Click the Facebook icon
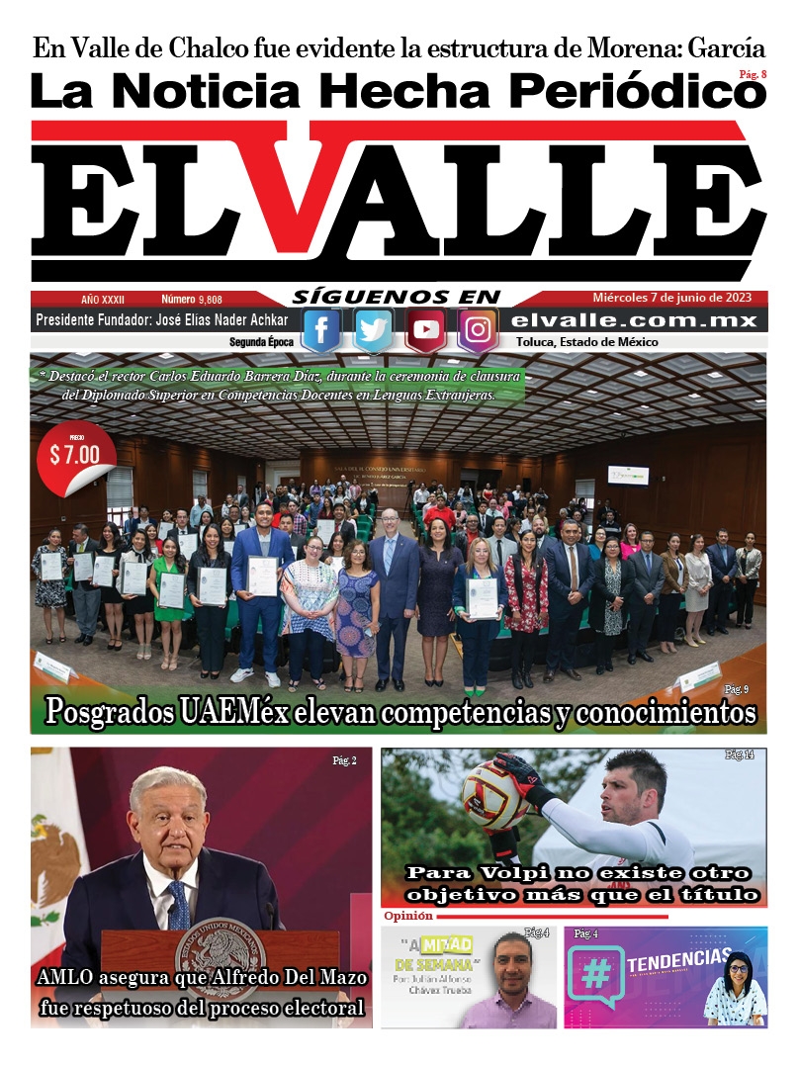[321, 330]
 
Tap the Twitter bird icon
[374, 330]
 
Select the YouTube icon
[426, 330]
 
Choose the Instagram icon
[478, 330]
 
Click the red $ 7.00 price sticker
[75, 456]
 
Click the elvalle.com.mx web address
[635, 320]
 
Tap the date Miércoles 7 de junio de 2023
[672, 298]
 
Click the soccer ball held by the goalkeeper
[494, 795]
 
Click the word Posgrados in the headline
[116, 712]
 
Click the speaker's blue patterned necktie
[177, 905]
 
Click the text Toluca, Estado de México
[587, 342]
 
